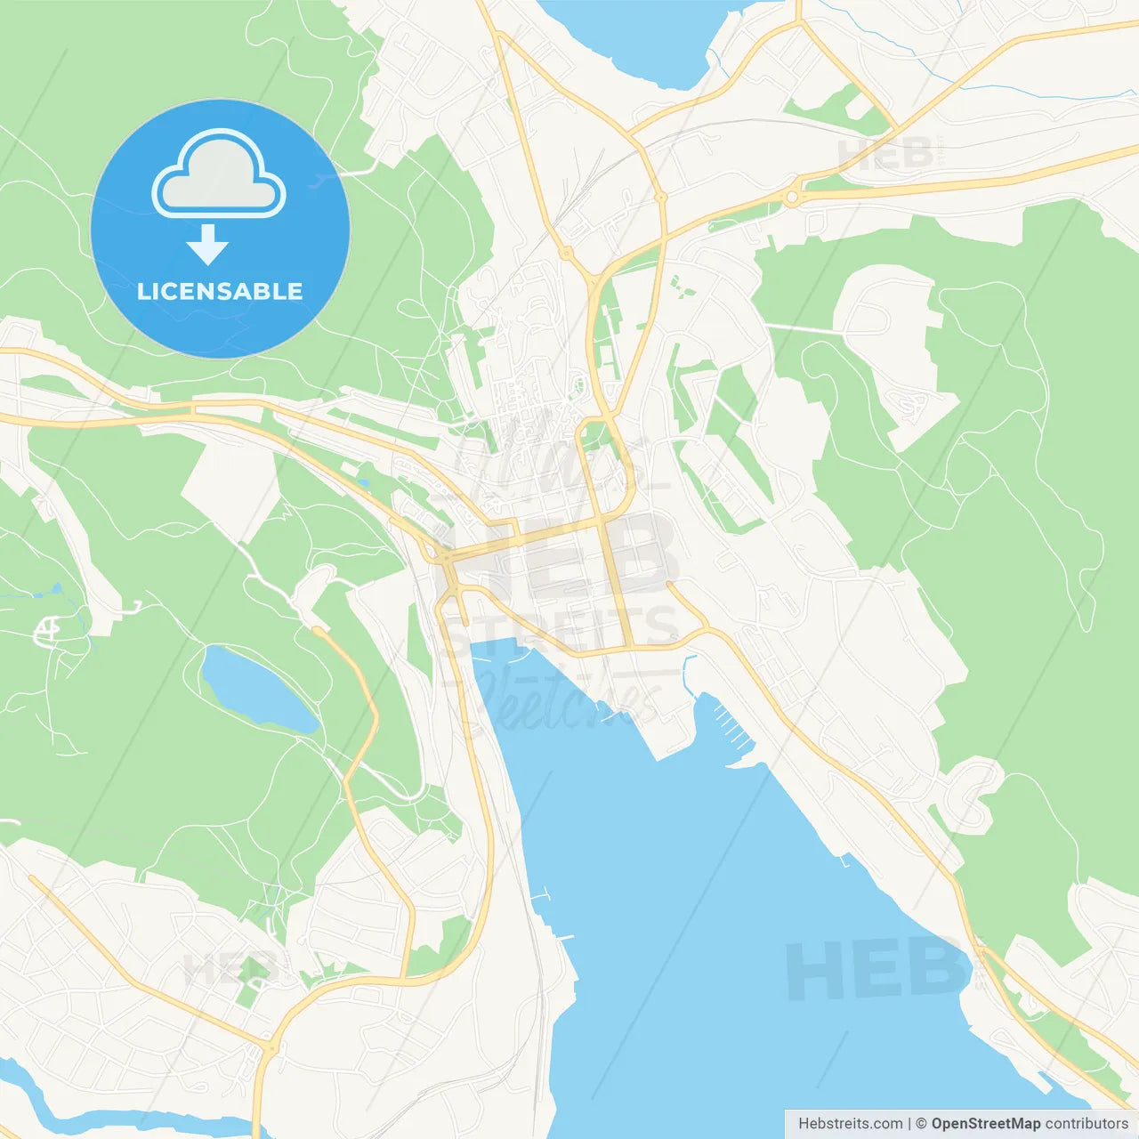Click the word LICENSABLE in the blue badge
click(220, 292)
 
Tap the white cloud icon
click(219, 176)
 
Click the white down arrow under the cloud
click(207, 245)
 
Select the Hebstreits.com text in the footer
click(850, 1124)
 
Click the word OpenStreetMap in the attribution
click(986, 1124)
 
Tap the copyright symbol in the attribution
click(921, 1124)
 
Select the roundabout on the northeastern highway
click(791, 197)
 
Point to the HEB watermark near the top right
click(885, 156)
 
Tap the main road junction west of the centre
click(442, 556)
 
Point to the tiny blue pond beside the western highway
click(363, 486)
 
